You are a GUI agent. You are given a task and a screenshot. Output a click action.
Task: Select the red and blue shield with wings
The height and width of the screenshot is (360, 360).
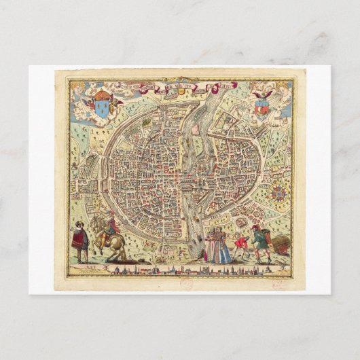262,105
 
